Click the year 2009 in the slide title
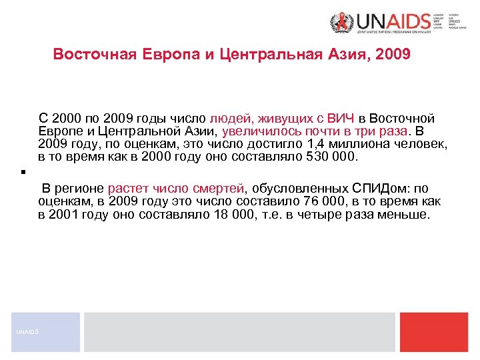click(393, 53)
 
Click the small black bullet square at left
click(23, 173)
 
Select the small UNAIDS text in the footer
click(28, 331)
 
